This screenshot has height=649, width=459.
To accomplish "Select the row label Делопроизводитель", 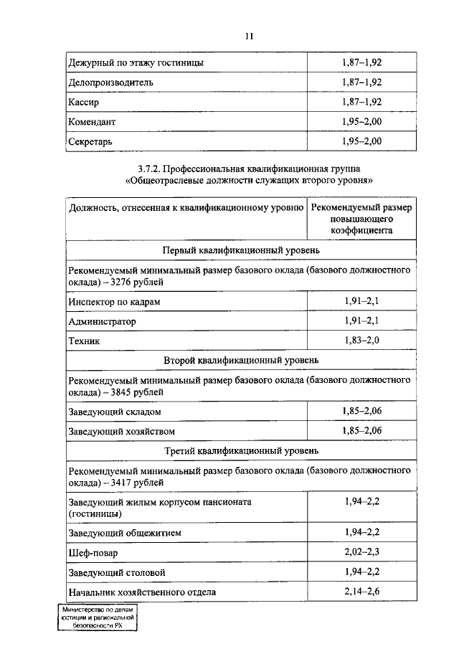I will (110, 82).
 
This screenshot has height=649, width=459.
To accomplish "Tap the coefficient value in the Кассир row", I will (361, 103).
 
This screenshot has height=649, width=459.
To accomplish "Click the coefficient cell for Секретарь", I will (361, 141).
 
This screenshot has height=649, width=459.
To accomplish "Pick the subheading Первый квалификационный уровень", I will (240, 250).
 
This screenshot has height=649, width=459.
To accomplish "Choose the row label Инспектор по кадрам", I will (114, 302).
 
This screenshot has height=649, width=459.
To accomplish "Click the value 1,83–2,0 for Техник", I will (361, 341).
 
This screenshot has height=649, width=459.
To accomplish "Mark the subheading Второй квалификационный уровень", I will (240, 359).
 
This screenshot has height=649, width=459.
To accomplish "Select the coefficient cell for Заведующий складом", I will (361, 411).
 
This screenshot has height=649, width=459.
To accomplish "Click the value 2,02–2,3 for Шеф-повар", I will (361, 553).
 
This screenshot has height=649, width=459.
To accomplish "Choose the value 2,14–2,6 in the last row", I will (361, 592).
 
